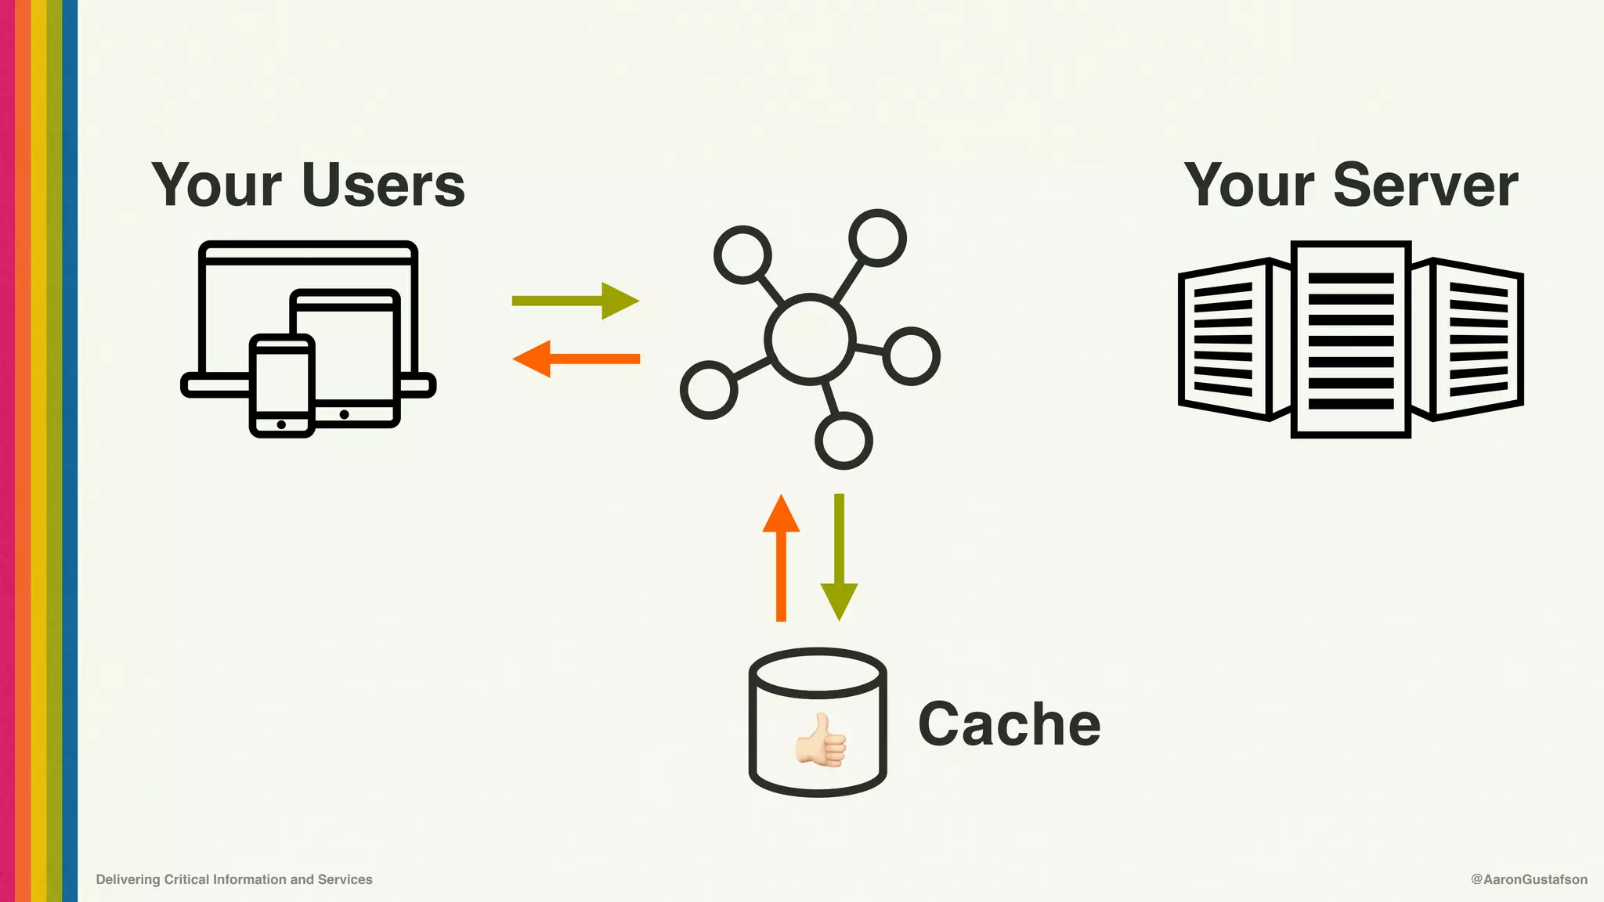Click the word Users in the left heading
tap(383, 186)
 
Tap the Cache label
tap(1009, 724)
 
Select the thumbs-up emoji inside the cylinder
tap(820, 740)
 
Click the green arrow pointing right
tap(576, 301)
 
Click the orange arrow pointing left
tap(576, 359)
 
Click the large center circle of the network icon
tap(810, 339)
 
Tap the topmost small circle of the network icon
tap(877, 237)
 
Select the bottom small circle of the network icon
tap(844, 440)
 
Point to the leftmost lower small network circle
tap(709, 390)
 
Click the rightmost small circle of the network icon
tap(911, 356)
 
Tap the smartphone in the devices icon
tap(282, 385)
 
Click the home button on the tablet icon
tap(344, 414)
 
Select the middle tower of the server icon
tap(1350, 339)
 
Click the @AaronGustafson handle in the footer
tap(1529, 879)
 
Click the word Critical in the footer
tap(186, 879)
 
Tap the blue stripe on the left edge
tap(70, 451)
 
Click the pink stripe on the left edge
tap(7, 451)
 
